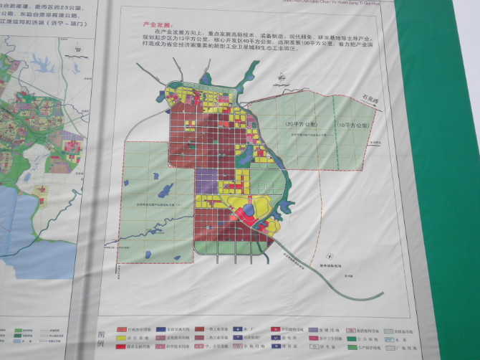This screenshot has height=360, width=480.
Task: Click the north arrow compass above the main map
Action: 282,75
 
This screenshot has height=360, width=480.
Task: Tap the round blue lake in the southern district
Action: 247,209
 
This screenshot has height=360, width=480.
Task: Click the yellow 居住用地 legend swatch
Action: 123,337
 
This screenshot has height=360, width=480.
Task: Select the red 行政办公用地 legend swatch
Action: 123,327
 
